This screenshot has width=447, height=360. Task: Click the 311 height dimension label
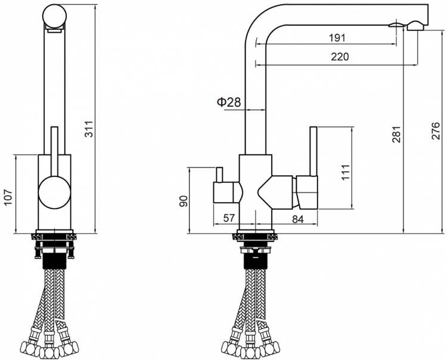click(89, 129)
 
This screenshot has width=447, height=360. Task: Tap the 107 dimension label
click(8, 197)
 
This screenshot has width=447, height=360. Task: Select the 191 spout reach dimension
click(337, 38)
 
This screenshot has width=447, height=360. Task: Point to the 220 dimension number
click(340, 57)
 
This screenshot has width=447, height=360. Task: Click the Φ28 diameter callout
click(229, 102)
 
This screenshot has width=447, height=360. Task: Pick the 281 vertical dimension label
click(396, 134)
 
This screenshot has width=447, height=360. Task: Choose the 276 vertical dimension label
click(436, 131)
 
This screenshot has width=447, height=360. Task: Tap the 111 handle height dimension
click(346, 172)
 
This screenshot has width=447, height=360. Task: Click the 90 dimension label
click(184, 201)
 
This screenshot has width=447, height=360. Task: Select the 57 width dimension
click(229, 218)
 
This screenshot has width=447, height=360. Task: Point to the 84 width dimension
click(298, 219)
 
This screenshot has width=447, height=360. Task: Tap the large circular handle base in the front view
click(54, 193)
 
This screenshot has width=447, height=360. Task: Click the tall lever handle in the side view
click(313, 151)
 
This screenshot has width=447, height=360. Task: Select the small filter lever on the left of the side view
click(219, 175)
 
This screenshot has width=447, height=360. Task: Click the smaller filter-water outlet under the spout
click(396, 25)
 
